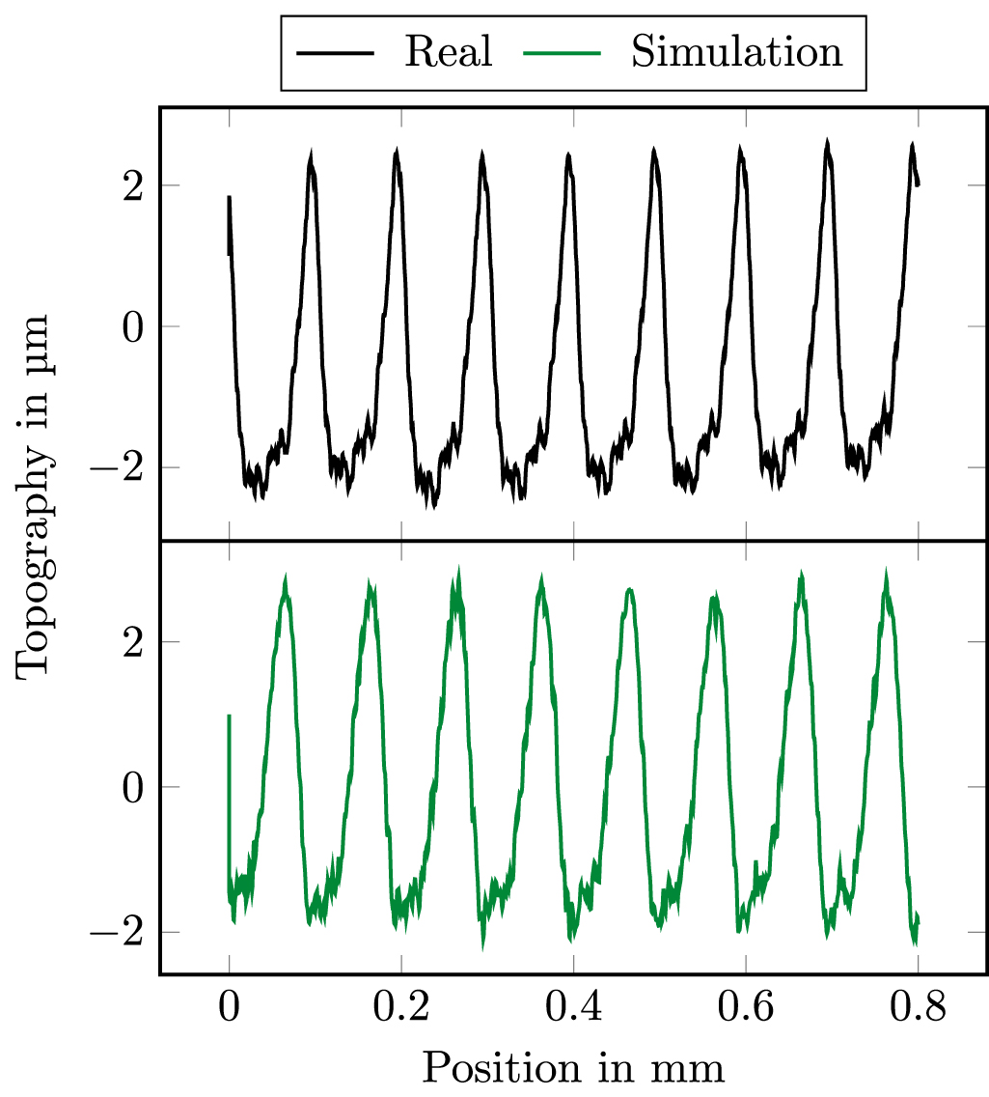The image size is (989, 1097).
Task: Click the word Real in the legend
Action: (x=449, y=52)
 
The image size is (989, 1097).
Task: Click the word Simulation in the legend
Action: (x=737, y=52)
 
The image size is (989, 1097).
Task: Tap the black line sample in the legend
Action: (x=336, y=53)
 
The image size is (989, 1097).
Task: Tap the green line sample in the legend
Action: (x=562, y=53)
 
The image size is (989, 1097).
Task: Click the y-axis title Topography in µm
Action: (x=34, y=496)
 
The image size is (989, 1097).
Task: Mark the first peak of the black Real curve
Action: (x=312, y=155)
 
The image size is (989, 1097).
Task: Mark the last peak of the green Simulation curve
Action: (x=886, y=573)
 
